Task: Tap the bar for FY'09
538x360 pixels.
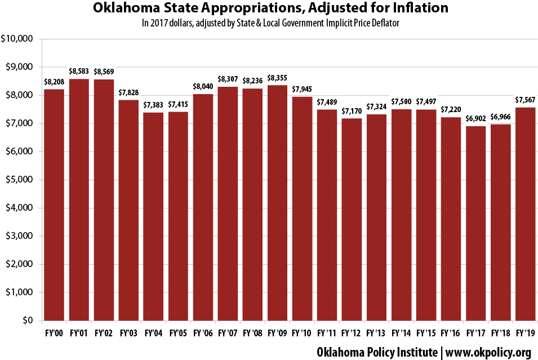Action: (277, 203)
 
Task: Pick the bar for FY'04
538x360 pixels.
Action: (153, 216)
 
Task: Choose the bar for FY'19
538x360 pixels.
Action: (525, 214)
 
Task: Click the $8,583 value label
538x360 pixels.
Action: (79, 72)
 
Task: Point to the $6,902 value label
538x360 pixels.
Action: (475, 119)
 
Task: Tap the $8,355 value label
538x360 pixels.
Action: (277, 78)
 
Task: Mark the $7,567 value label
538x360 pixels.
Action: (525, 100)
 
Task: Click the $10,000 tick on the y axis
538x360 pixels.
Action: (18, 39)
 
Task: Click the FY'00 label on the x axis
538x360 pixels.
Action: (54, 333)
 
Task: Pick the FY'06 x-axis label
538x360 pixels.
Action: (203, 333)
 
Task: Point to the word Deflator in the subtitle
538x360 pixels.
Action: (387, 24)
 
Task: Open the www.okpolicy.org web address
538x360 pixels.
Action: (488, 352)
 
